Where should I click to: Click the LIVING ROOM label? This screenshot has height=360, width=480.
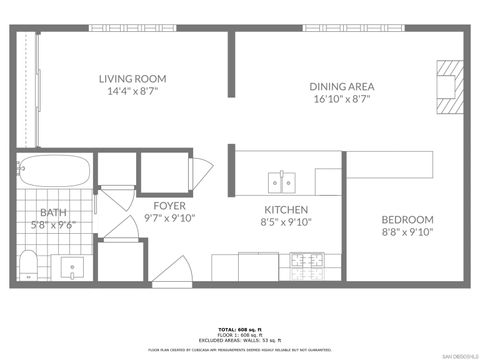(x=132, y=78)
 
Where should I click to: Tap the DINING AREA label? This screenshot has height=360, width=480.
(x=341, y=86)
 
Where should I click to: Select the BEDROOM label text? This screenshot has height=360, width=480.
(x=407, y=219)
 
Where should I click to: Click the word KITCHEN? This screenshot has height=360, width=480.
(x=285, y=210)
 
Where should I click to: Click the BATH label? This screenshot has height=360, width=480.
(x=52, y=212)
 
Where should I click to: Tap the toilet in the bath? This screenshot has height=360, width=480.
(x=30, y=265)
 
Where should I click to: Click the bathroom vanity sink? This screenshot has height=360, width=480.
(x=72, y=267)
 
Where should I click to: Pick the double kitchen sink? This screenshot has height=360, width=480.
(x=282, y=181)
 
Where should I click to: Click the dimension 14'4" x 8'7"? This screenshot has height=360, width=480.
(x=132, y=92)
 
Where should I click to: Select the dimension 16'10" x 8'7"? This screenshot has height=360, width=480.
(x=341, y=100)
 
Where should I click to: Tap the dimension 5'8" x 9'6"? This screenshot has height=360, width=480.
(x=52, y=226)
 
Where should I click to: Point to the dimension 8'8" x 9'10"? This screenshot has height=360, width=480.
(x=407, y=233)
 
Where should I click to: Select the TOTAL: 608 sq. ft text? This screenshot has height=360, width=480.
(x=240, y=328)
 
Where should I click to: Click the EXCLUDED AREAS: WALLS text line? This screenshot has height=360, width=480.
(x=240, y=340)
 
